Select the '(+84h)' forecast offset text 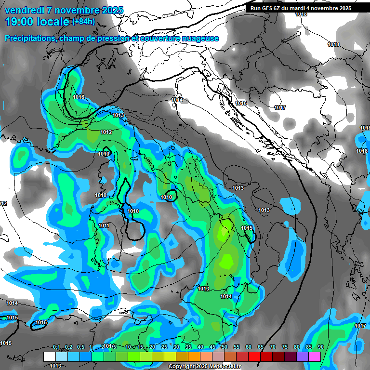(83, 22)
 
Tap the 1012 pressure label (106, 132)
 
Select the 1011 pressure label (104, 225)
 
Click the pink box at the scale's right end (315, 357)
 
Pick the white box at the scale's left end (49, 357)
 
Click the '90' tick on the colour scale (320, 347)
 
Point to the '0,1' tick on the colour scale (56, 347)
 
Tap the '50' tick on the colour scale (225, 347)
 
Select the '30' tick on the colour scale (176, 347)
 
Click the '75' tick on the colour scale (285, 347)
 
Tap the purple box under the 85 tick (303, 357)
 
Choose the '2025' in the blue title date (111, 10)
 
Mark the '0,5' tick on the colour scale (80, 347)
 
